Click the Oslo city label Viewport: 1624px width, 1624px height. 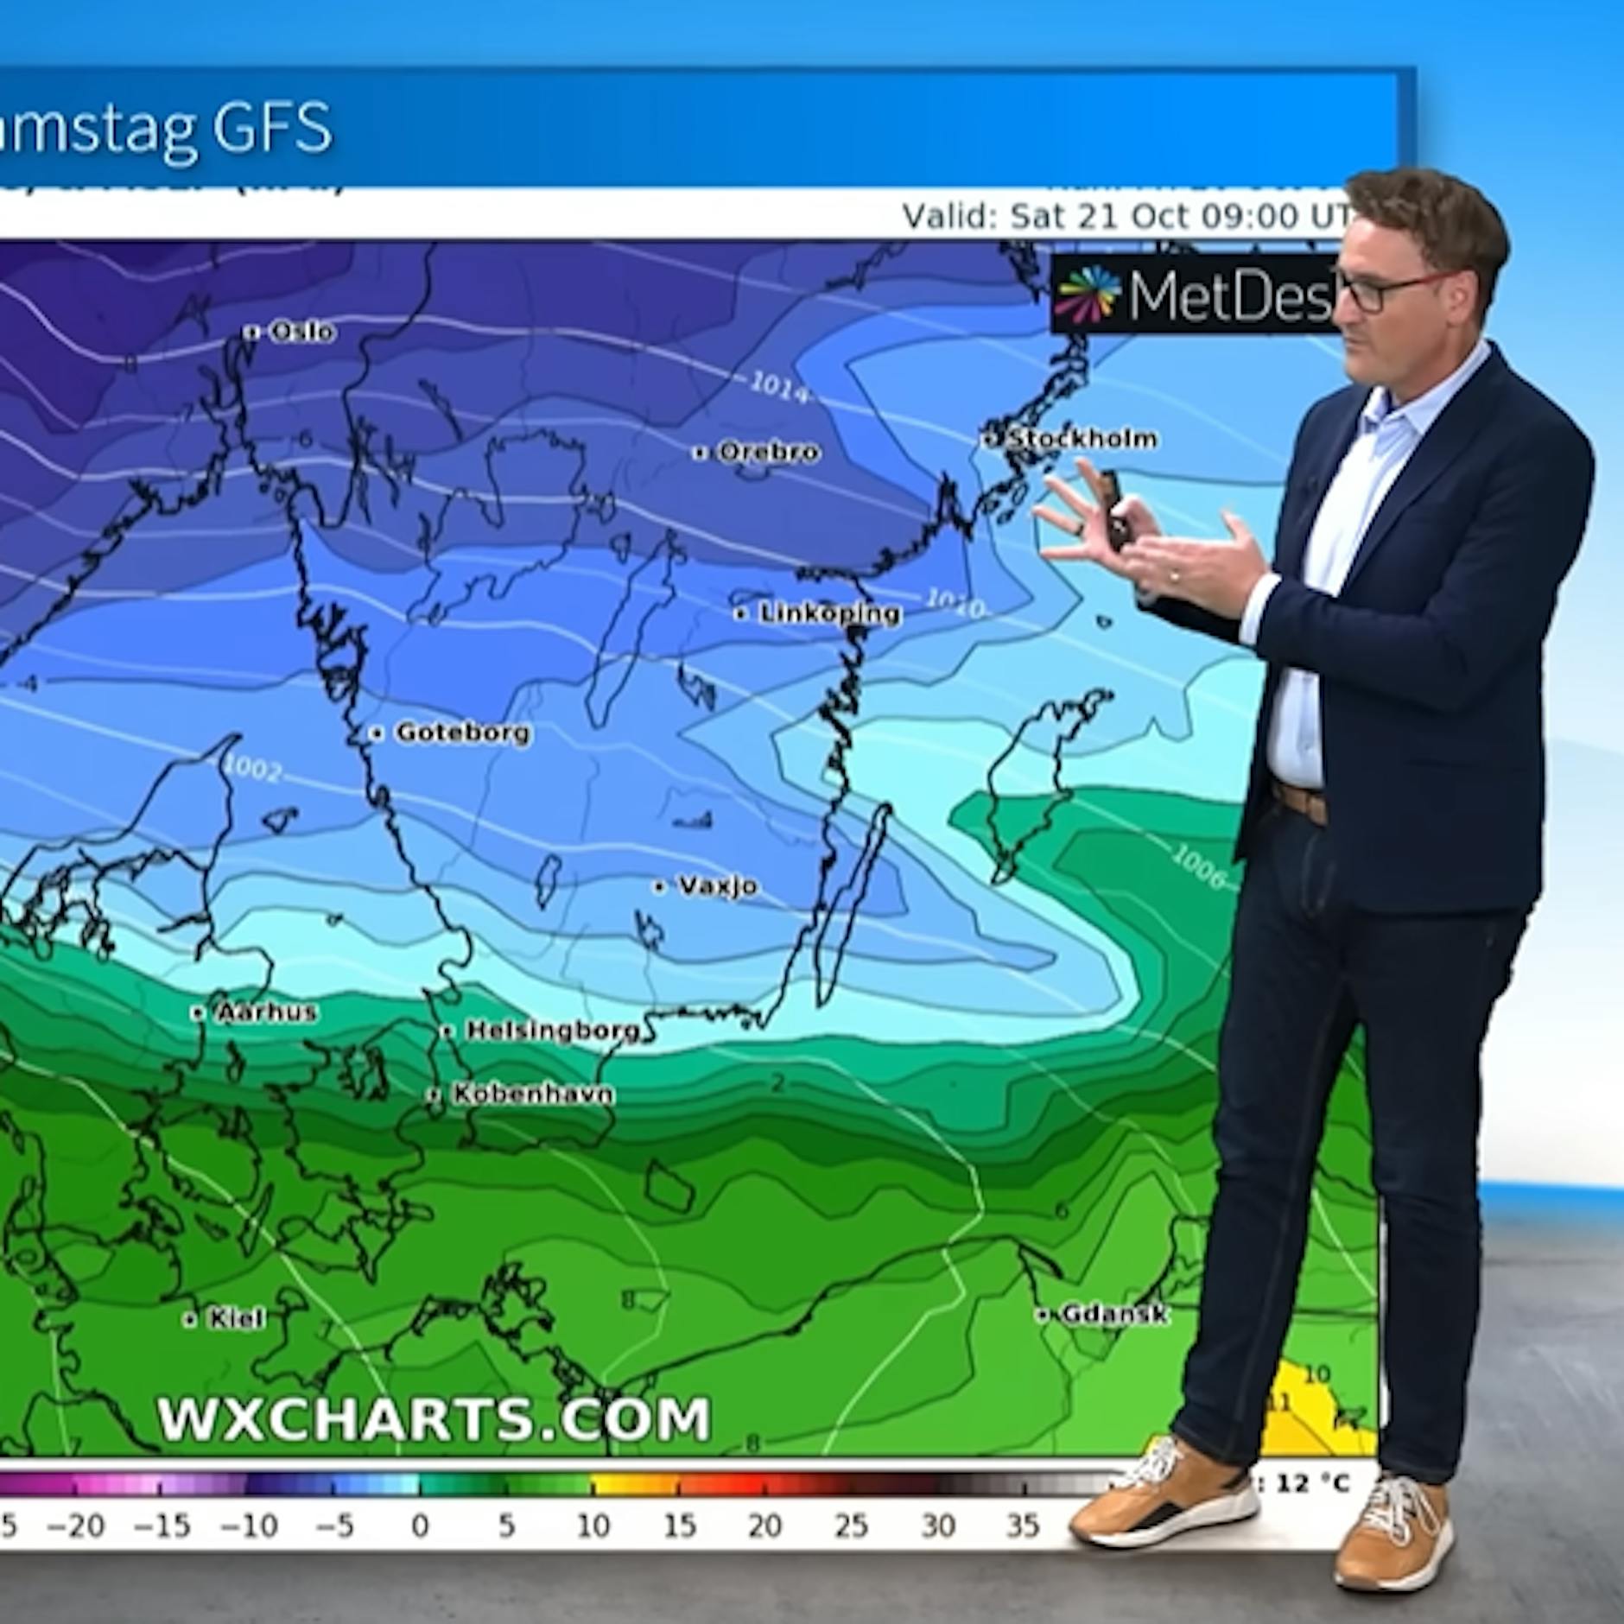(x=301, y=331)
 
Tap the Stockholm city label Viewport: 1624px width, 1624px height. (x=1082, y=439)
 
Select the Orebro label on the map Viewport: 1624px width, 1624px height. (x=767, y=452)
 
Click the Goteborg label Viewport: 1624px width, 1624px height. (x=462, y=733)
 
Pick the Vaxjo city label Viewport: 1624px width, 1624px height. (x=717, y=886)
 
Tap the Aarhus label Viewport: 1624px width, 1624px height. (x=265, y=1012)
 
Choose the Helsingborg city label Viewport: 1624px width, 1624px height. (x=552, y=1031)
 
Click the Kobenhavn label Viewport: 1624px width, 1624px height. (x=532, y=1094)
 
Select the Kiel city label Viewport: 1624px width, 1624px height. (x=235, y=1318)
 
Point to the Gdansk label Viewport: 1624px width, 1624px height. (x=1113, y=1314)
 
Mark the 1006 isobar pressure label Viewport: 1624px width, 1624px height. (x=1199, y=866)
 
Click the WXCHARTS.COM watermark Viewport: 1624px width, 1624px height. (x=434, y=1418)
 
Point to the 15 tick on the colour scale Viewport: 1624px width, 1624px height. (x=679, y=1526)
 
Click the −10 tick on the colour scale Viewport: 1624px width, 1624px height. (x=249, y=1526)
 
